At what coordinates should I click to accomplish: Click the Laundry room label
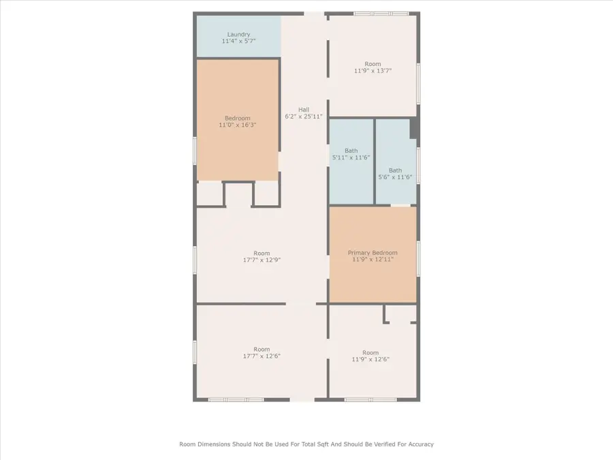coord(238,34)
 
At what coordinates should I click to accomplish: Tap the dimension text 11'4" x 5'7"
coord(238,42)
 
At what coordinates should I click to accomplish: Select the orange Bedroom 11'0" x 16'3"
coord(238,121)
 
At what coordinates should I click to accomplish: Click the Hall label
coord(304,109)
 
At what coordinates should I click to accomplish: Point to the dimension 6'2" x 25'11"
coord(304,117)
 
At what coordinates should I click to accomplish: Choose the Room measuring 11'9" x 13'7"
coord(373,67)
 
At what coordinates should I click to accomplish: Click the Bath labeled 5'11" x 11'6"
coord(351,153)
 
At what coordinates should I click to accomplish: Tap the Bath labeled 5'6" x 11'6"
coord(395,174)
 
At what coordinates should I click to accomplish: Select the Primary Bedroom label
coord(373,252)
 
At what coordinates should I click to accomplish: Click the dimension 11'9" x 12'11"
coord(373,260)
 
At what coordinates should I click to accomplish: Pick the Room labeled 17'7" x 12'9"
coord(262,256)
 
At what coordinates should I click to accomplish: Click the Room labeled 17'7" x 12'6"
coord(262,352)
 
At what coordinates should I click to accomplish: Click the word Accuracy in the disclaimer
coord(417,444)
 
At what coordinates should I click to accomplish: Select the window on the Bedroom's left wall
coord(195,150)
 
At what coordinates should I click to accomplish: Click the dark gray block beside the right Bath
coord(414,129)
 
